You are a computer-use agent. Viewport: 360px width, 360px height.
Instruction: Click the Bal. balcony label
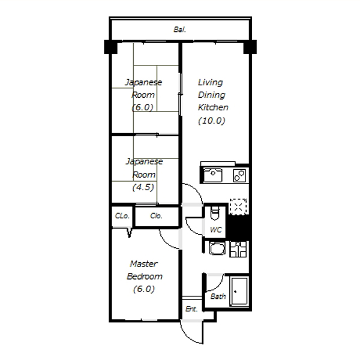180,29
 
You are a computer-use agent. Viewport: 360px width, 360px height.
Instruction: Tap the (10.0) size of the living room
211,121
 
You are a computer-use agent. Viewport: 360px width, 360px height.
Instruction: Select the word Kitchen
213,107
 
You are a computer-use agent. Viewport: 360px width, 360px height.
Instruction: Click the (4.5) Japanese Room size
143,187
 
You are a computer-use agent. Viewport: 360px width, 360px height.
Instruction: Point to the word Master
144,264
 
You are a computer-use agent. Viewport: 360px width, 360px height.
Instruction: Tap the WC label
216,230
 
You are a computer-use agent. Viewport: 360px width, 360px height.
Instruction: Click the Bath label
218,296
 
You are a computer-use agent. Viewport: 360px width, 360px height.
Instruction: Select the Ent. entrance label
191,309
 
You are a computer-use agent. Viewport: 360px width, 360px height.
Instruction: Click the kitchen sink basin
213,175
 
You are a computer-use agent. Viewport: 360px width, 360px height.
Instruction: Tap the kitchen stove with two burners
239,176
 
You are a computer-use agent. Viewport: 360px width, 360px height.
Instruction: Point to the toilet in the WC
215,213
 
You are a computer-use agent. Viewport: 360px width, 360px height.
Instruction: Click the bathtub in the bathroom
239,292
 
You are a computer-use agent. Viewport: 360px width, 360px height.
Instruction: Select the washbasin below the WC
217,248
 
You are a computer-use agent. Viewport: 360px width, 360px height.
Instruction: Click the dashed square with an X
238,206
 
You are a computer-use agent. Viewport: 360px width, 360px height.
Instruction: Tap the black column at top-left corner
110,47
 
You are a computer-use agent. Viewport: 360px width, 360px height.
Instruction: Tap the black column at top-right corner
250,47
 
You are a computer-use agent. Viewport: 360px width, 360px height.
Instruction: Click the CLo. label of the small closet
122,216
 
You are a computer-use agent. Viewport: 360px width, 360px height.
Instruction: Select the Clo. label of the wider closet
156,216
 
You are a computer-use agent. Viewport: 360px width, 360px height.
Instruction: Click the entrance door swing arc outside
188,337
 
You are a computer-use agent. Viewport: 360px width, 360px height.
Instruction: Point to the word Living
211,82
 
